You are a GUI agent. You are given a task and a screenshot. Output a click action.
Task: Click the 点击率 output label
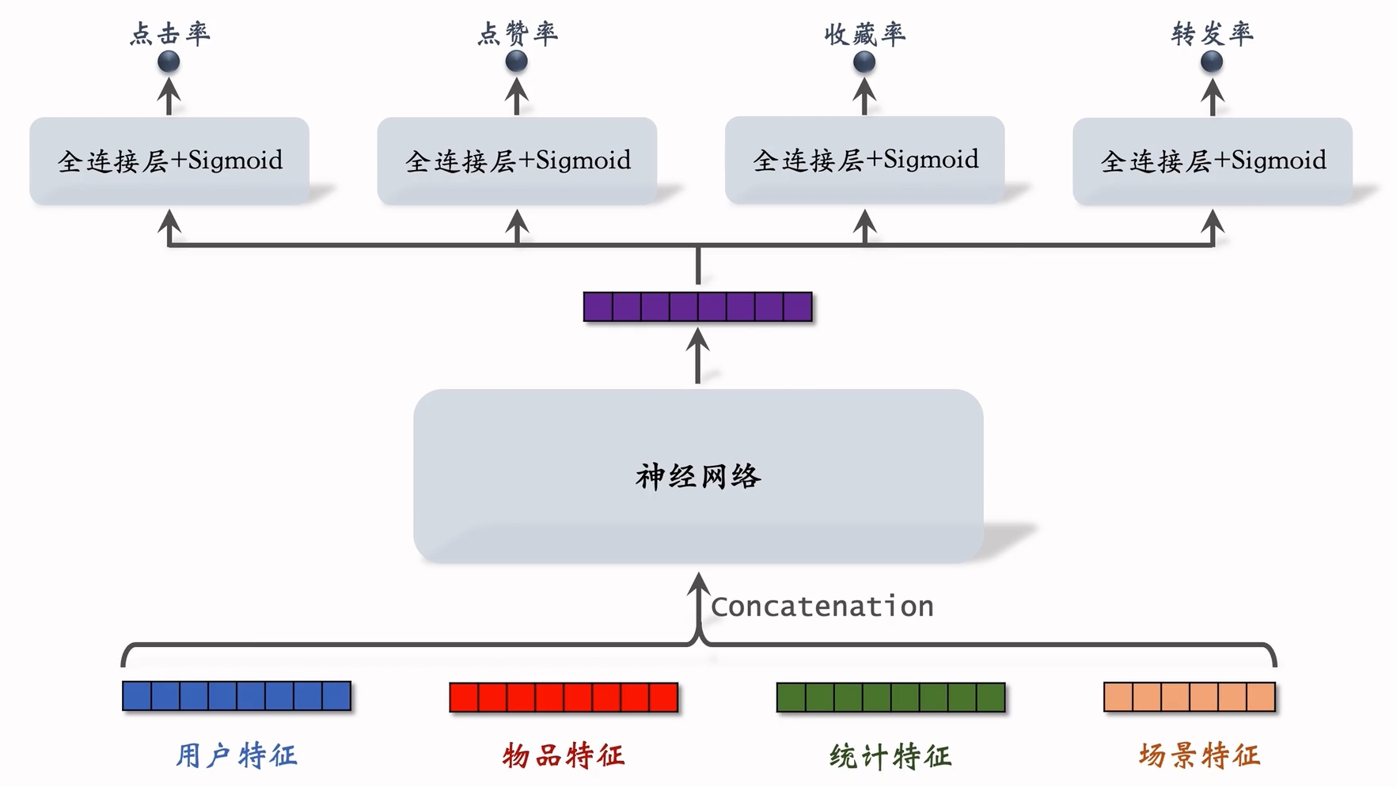point(169,33)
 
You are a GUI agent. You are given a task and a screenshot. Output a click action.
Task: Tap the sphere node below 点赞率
point(516,61)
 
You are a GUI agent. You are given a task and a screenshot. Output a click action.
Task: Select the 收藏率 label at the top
point(864,33)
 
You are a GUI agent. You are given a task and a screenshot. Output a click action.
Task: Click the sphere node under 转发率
point(1211,61)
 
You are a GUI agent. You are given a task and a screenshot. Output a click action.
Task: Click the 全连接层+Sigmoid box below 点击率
point(169,161)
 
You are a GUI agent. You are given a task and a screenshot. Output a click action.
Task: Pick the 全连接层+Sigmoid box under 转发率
point(1212,161)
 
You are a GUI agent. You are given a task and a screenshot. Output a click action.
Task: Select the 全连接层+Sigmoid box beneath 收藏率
point(864,160)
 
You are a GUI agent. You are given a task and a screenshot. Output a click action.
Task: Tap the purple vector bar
point(697,307)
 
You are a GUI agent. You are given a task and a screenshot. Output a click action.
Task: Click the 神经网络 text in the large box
point(697,476)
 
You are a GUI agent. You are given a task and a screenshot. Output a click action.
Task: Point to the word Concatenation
point(822,607)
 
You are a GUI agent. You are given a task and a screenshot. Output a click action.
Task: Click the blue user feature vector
point(237,696)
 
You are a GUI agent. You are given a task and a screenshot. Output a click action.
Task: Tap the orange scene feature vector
point(1189,697)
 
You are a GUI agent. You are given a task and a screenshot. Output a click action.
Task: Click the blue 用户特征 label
point(237,755)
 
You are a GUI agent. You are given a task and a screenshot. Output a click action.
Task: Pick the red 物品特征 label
point(564,755)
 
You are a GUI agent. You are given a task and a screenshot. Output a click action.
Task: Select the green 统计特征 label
point(890,756)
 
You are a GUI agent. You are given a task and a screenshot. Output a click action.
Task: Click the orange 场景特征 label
point(1198,755)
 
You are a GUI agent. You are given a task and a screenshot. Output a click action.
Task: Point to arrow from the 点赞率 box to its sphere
point(516,96)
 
